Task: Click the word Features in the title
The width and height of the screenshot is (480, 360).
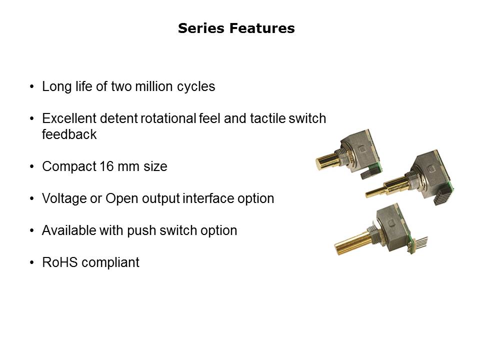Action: click(262, 28)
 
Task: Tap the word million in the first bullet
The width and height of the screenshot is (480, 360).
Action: click(154, 86)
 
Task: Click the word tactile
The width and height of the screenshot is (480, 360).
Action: click(267, 118)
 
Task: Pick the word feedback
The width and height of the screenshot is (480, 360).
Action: click(69, 134)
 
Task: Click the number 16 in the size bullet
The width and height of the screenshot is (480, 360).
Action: click(106, 166)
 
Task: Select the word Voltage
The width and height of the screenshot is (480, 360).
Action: click(64, 199)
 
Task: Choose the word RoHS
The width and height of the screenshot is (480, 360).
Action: click(60, 262)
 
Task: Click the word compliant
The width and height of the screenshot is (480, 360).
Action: click(110, 263)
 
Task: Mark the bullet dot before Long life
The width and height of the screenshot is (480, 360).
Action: click(32, 86)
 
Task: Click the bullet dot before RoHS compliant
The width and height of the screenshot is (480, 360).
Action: click(32, 262)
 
